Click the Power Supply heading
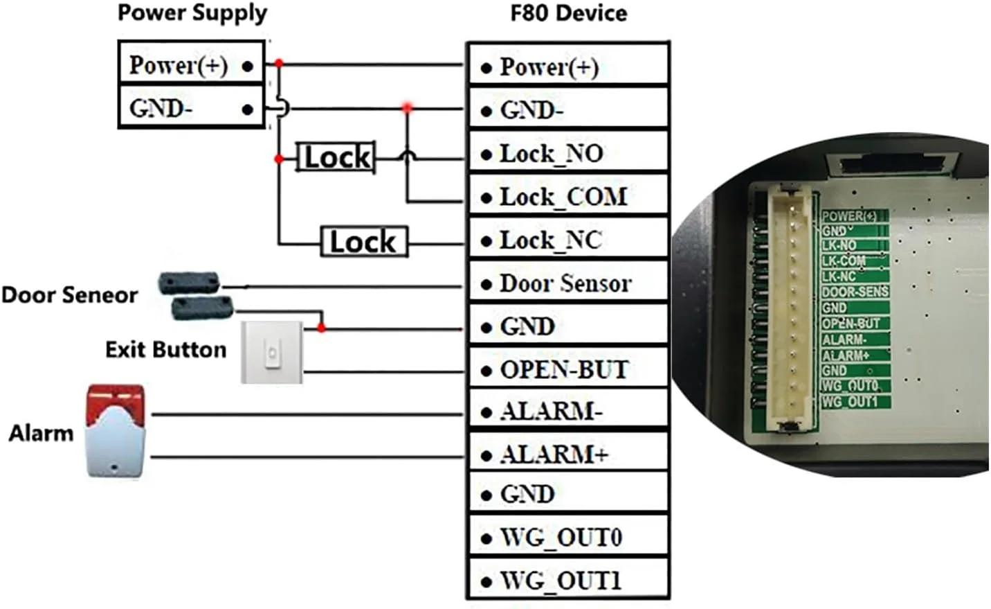click(x=192, y=13)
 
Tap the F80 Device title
click(x=568, y=13)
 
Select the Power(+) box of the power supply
click(x=191, y=65)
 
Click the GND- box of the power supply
click(x=191, y=108)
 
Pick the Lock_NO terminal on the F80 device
click(x=567, y=153)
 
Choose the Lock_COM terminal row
click(x=567, y=197)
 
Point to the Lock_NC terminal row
click(x=567, y=240)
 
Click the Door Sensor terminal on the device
click(x=567, y=283)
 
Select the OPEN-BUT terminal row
click(x=567, y=369)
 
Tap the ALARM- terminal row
click(x=567, y=412)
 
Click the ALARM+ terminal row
click(x=567, y=454)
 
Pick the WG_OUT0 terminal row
click(x=567, y=537)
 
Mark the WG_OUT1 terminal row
click(x=567, y=580)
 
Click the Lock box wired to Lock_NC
click(x=364, y=242)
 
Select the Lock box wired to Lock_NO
click(x=337, y=157)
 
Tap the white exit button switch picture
click(x=272, y=352)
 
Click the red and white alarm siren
click(x=116, y=430)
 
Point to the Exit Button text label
click(x=165, y=349)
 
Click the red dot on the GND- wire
click(x=407, y=108)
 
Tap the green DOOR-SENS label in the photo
click(x=855, y=292)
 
